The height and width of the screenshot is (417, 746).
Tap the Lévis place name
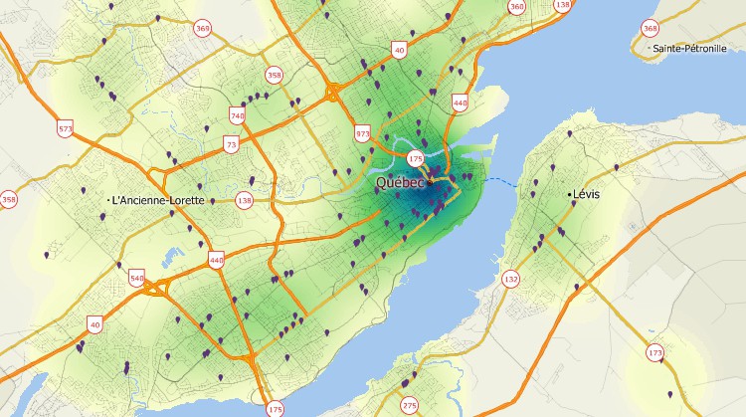pyautogui.click(x=587, y=194)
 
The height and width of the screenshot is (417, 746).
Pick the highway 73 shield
pyautogui.click(x=232, y=145)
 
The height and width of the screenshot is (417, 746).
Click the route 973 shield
pyautogui.click(x=362, y=133)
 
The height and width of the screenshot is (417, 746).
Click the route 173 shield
pyautogui.click(x=655, y=353)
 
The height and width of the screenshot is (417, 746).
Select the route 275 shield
pyautogui.click(x=410, y=404)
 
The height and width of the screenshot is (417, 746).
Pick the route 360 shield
pyautogui.click(x=516, y=7)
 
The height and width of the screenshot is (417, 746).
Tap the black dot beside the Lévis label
pyautogui.click(x=570, y=194)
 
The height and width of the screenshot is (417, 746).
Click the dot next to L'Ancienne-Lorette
pyautogui.click(x=107, y=200)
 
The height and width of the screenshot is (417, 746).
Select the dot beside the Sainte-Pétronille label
pyautogui.click(x=648, y=48)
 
